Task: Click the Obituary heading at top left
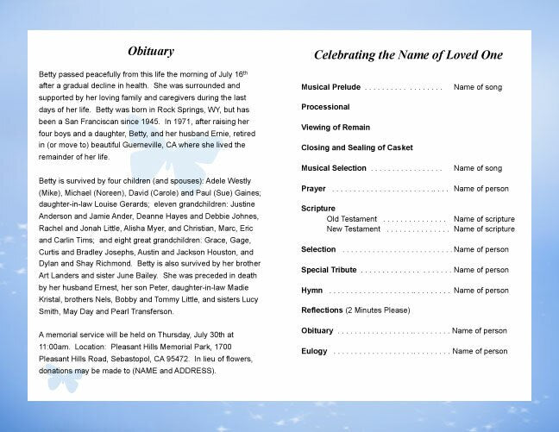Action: (150, 52)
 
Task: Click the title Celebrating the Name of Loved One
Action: (408, 55)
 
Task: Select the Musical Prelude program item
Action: (330, 87)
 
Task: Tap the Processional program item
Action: (325, 107)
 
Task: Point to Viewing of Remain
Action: (336, 128)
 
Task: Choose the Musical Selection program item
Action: (334, 168)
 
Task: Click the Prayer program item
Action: (313, 188)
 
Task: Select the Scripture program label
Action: (318, 209)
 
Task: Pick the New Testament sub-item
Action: (354, 229)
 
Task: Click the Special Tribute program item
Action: (329, 270)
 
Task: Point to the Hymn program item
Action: (311, 291)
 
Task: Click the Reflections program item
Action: (322, 310)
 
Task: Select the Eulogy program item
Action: (314, 351)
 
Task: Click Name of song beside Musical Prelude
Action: (478, 87)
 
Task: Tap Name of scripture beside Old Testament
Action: (484, 219)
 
